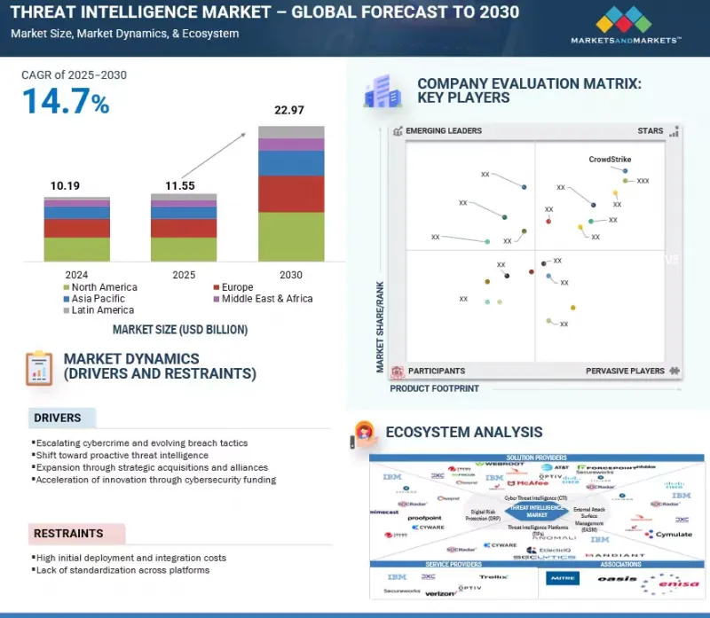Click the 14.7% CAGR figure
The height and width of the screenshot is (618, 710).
point(66,102)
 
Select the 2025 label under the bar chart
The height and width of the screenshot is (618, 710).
point(184,276)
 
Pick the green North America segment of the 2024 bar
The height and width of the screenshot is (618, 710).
point(77,248)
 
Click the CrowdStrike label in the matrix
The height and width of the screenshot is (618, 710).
point(610,160)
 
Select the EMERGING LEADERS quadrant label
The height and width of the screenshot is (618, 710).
point(443,131)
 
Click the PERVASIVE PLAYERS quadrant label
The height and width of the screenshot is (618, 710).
point(626,371)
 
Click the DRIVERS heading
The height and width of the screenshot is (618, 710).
point(57,418)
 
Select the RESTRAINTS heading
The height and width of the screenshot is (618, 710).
point(68,534)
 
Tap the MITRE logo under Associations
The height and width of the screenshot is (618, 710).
point(564,579)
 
